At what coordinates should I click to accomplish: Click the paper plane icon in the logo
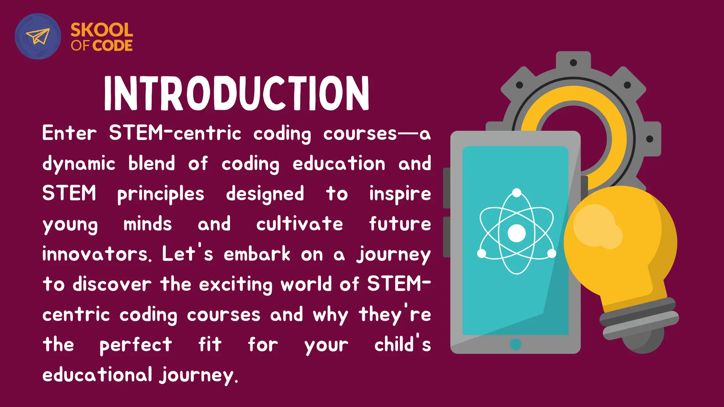(x=38, y=36)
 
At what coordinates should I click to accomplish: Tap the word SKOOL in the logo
(x=102, y=30)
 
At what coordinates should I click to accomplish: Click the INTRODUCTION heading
(x=237, y=93)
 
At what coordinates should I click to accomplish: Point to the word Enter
(x=69, y=134)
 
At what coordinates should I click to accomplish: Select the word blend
(x=152, y=164)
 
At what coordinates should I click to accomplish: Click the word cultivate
(x=299, y=224)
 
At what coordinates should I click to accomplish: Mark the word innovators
(x=97, y=254)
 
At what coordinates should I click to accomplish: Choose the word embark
(x=257, y=254)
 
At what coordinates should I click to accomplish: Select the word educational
(x=98, y=375)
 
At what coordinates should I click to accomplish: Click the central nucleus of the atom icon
(x=516, y=233)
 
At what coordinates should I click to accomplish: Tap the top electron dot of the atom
(x=516, y=193)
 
